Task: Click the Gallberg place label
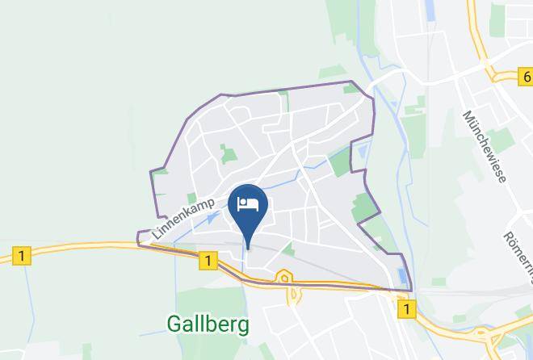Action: (208, 324)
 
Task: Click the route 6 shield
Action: (525, 77)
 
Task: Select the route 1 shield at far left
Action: (22, 257)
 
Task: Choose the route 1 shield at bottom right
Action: (406, 308)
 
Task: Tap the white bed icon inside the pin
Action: (248, 203)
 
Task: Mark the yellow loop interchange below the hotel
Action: (284, 279)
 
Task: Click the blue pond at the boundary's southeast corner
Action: (402, 277)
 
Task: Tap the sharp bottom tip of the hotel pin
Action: (248, 247)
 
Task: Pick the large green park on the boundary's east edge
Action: (366, 207)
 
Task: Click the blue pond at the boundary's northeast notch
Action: (360, 149)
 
